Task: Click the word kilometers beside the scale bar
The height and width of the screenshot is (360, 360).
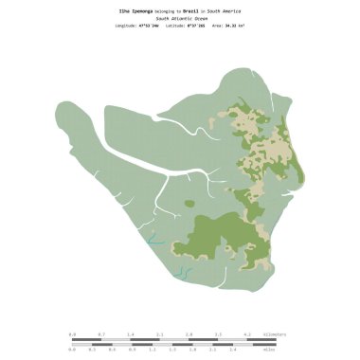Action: (x=276, y=334)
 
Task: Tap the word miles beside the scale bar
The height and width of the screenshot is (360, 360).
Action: (x=269, y=350)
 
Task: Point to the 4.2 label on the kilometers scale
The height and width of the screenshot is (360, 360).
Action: (x=247, y=334)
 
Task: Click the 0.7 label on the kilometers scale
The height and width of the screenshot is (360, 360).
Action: (x=101, y=334)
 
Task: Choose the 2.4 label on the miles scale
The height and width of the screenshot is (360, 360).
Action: (x=232, y=350)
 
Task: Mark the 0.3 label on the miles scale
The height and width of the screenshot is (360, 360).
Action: (x=92, y=350)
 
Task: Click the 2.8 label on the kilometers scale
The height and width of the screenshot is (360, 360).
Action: (x=189, y=334)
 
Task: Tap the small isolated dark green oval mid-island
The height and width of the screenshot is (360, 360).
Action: (x=189, y=203)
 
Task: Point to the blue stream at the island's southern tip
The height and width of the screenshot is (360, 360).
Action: (x=183, y=274)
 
